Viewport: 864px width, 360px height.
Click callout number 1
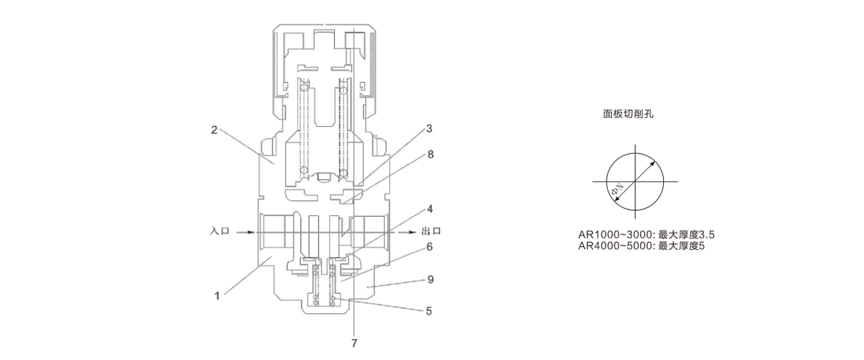click(216, 294)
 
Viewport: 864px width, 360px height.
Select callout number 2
click(215, 130)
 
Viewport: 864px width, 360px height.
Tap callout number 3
click(429, 129)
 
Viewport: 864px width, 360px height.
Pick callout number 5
click(429, 312)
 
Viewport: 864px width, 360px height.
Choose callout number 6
click(429, 246)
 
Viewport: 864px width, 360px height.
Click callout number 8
click(429, 153)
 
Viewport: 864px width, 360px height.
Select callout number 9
click(429, 278)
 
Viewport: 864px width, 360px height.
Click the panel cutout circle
click(634, 181)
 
